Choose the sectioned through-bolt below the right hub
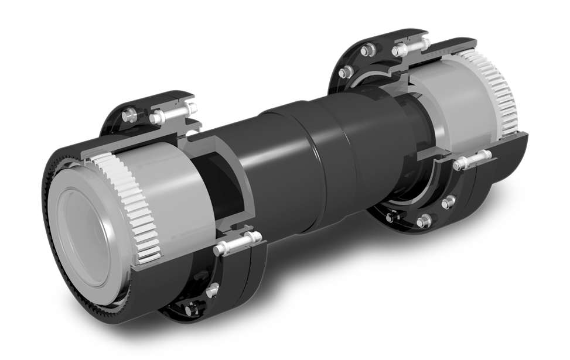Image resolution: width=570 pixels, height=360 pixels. click(x=471, y=160)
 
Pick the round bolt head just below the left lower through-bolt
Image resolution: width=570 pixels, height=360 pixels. click(x=214, y=287)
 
